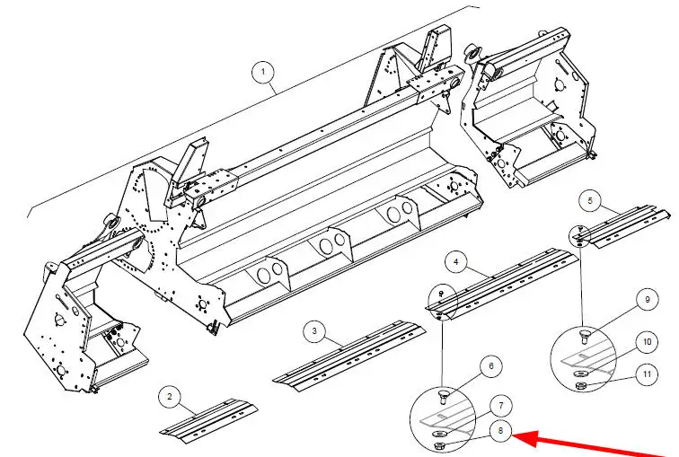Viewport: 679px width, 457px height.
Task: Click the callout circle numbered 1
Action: point(263,71)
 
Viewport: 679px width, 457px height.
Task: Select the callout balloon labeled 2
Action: point(170,397)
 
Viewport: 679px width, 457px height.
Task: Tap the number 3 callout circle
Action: point(314,331)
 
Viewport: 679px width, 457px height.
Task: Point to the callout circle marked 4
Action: point(456,262)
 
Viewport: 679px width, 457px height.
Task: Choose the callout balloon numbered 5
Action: point(590,200)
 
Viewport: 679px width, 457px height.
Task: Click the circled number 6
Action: point(491,366)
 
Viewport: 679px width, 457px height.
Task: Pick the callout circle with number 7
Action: point(501,406)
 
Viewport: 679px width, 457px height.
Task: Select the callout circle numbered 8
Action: point(500,431)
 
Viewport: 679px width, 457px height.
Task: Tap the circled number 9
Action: point(648,300)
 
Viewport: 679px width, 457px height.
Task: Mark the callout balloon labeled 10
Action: point(647,342)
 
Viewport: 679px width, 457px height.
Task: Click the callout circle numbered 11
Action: point(647,374)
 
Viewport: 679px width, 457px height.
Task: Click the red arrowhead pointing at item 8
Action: point(524,439)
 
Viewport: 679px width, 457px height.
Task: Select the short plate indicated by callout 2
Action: point(208,421)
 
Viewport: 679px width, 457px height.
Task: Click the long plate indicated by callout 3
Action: point(349,356)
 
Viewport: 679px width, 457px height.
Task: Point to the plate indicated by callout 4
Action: point(502,284)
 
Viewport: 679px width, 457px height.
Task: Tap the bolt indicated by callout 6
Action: point(445,396)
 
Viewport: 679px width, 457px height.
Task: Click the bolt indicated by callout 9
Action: point(585,336)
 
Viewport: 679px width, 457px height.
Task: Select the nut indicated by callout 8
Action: point(438,446)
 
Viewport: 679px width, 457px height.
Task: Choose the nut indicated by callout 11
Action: point(580,385)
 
